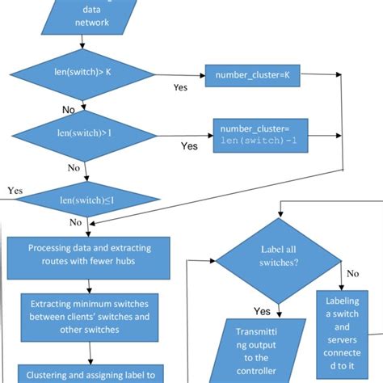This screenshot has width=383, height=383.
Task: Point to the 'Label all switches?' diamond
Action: coord(279,261)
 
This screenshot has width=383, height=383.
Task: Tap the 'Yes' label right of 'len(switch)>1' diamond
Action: coord(189,146)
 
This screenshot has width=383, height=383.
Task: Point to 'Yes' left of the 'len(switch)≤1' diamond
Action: coord(15,191)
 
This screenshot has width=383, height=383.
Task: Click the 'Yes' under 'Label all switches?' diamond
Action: coord(262,311)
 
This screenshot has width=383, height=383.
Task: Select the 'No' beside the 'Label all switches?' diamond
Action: coord(352,274)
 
